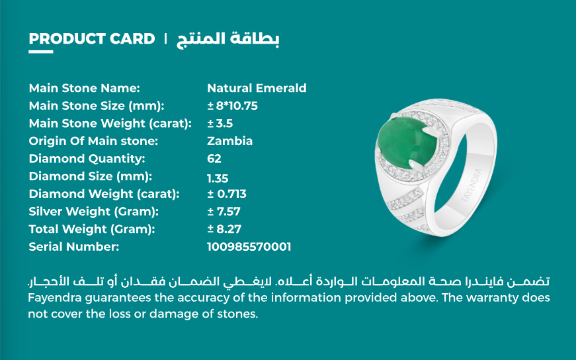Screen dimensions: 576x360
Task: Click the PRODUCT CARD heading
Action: (x=92, y=38)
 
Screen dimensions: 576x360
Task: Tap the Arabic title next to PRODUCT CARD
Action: (x=227, y=39)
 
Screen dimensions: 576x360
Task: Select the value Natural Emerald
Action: (x=257, y=88)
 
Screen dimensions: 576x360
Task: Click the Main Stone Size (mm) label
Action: (x=97, y=106)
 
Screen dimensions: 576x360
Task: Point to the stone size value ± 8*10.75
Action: (x=233, y=106)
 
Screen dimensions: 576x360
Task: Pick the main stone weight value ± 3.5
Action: (x=220, y=123)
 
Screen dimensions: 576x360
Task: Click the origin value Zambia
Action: (x=230, y=141)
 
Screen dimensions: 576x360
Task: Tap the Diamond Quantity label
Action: (x=87, y=158)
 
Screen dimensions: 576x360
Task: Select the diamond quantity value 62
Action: (x=214, y=158)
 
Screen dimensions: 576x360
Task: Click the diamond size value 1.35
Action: (x=218, y=178)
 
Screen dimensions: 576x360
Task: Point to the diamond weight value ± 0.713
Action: (x=227, y=194)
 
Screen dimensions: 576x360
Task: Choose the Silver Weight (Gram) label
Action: (x=94, y=212)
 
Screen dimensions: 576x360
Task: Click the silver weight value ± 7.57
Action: (x=224, y=212)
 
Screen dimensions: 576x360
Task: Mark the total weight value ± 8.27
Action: (x=224, y=229)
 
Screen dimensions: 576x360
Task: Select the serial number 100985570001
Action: (x=249, y=247)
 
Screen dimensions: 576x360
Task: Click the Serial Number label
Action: (x=74, y=247)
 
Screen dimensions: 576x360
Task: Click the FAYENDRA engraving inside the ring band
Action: (x=472, y=186)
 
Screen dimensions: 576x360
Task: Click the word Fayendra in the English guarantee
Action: (x=55, y=298)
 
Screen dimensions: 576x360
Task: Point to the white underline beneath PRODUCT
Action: (x=41, y=52)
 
